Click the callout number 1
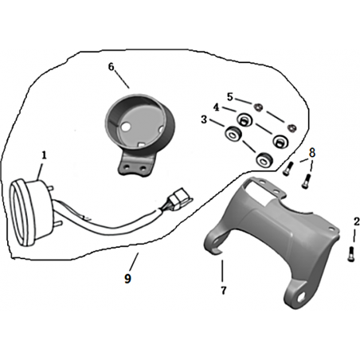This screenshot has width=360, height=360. [44, 155]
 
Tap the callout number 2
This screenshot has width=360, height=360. [357, 221]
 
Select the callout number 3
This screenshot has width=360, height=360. [204, 119]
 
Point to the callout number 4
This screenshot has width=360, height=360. [217, 108]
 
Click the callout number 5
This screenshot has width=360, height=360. [230, 97]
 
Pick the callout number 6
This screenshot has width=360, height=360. [111, 67]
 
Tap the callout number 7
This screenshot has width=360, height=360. [224, 291]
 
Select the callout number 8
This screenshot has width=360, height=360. [312, 153]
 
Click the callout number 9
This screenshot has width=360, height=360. [127, 279]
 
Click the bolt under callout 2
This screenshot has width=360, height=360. [350, 254]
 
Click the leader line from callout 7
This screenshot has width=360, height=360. [222, 271]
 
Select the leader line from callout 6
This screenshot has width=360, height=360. [122, 80]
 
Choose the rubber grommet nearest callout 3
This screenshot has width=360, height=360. [233, 133]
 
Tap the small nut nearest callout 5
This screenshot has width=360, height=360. [257, 108]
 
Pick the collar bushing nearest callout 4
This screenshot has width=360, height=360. [244, 119]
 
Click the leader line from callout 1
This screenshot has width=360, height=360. [40, 171]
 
